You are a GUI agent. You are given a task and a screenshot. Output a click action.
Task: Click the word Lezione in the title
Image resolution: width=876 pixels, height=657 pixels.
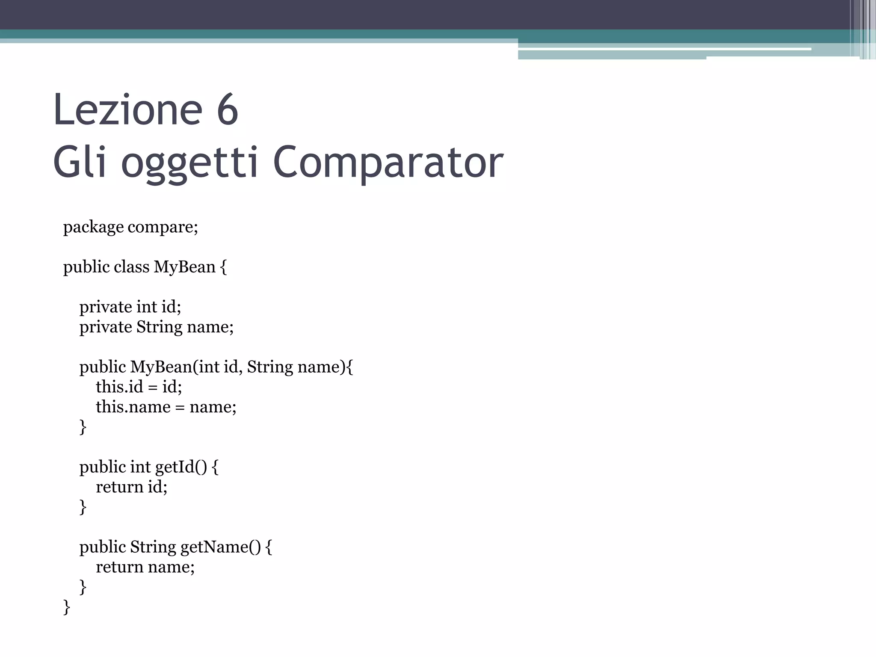(x=127, y=110)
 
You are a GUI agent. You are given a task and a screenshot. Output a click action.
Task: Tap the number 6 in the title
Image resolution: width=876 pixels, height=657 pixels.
(x=227, y=110)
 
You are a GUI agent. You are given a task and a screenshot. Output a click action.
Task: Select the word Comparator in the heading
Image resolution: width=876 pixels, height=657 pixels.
(x=388, y=163)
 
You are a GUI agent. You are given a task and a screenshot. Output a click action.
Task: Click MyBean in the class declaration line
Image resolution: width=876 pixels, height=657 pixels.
(x=184, y=267)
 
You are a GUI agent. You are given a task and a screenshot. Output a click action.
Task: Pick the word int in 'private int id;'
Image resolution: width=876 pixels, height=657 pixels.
(x=147, y=307)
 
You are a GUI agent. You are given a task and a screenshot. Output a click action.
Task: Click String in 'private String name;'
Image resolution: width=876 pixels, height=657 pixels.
(x=160, y=327)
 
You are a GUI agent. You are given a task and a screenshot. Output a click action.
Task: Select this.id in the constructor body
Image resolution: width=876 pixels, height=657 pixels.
(x=119, y=387)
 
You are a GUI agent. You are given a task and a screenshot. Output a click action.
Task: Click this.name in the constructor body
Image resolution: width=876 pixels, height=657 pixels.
(x=133, y=407)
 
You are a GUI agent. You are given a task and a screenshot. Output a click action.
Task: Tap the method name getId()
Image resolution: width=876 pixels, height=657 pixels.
(x=181, y=467)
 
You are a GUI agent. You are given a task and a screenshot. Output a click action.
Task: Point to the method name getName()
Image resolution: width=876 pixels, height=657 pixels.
(x=220, y=547)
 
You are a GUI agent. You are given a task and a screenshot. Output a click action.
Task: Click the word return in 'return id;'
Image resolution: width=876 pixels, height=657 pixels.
(x=119, y=487)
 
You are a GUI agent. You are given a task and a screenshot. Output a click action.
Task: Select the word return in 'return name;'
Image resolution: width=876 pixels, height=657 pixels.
(x=119, y=567)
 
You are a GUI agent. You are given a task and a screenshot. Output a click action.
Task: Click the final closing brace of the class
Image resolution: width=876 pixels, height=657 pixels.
(x=67, y=607)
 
